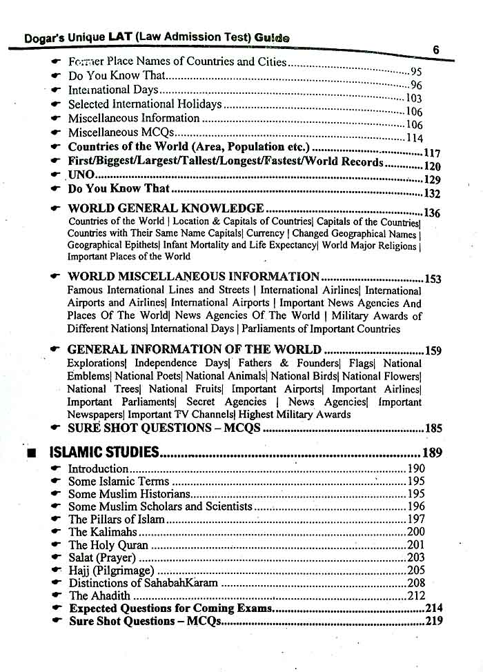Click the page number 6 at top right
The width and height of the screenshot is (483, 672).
coord(436,50)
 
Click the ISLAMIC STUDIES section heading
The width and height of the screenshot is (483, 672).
coord(104,453)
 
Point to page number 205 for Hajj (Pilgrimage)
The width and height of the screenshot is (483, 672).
coord(416,570)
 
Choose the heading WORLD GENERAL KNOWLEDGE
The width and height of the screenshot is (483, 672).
coord(166,208)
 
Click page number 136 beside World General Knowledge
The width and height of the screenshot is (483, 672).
coord(432,213)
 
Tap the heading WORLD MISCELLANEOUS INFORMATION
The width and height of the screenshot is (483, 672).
coord(193,277)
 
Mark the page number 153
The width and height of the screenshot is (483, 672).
coord(433,279)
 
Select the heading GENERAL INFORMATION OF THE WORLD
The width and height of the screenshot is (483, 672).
coord(194,350)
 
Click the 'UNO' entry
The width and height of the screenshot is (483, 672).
coord(81,175)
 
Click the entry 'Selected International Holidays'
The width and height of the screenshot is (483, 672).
coord(145,104)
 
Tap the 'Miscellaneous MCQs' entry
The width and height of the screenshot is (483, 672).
coord(121,132)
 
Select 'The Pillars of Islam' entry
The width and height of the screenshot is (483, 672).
coord(116,519)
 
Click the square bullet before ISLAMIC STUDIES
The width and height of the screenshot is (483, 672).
coord(30,454)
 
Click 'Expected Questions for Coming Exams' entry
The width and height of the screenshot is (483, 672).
coord(170,609)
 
